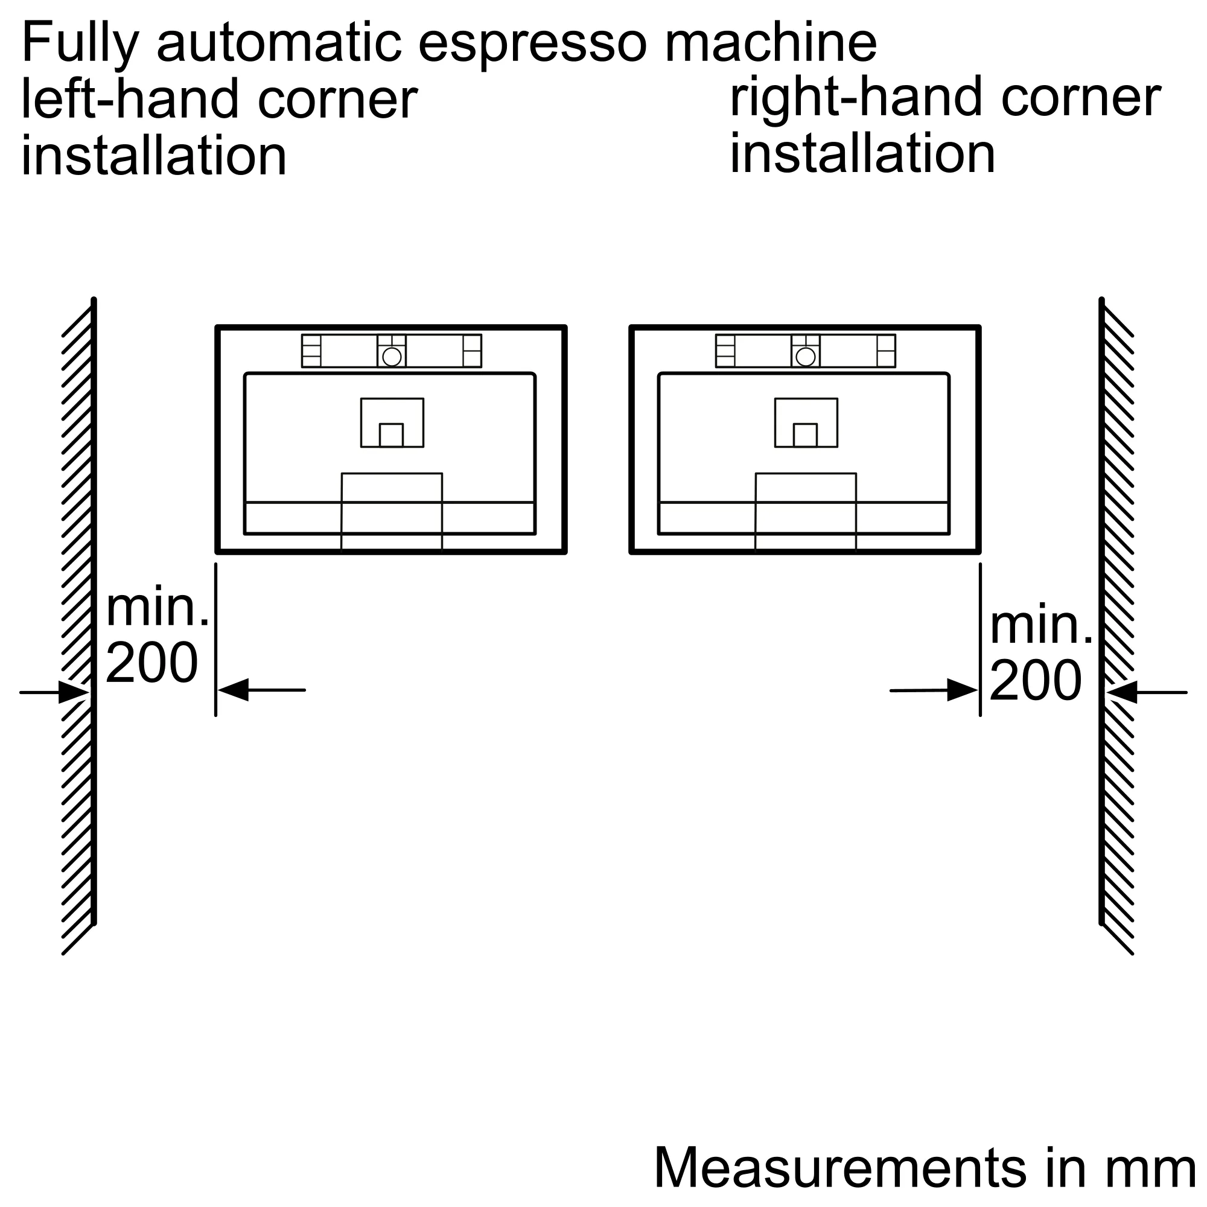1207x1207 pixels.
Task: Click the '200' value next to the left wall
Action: (x=152, y=662)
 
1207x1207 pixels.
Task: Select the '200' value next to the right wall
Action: (x=1036, y=680)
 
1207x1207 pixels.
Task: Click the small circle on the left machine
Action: (x=392, y=357)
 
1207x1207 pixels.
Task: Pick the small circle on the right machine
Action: (x=806, y=357)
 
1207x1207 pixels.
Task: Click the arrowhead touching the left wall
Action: (x=74, y=692)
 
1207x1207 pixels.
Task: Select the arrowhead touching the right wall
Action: (x=1121, y=692)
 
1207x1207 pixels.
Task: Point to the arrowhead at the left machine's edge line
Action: (x=233, y=690)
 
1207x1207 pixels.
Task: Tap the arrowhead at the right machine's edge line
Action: (x=963, y=690)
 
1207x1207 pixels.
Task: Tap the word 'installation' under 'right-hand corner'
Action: (x=863, y=153)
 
